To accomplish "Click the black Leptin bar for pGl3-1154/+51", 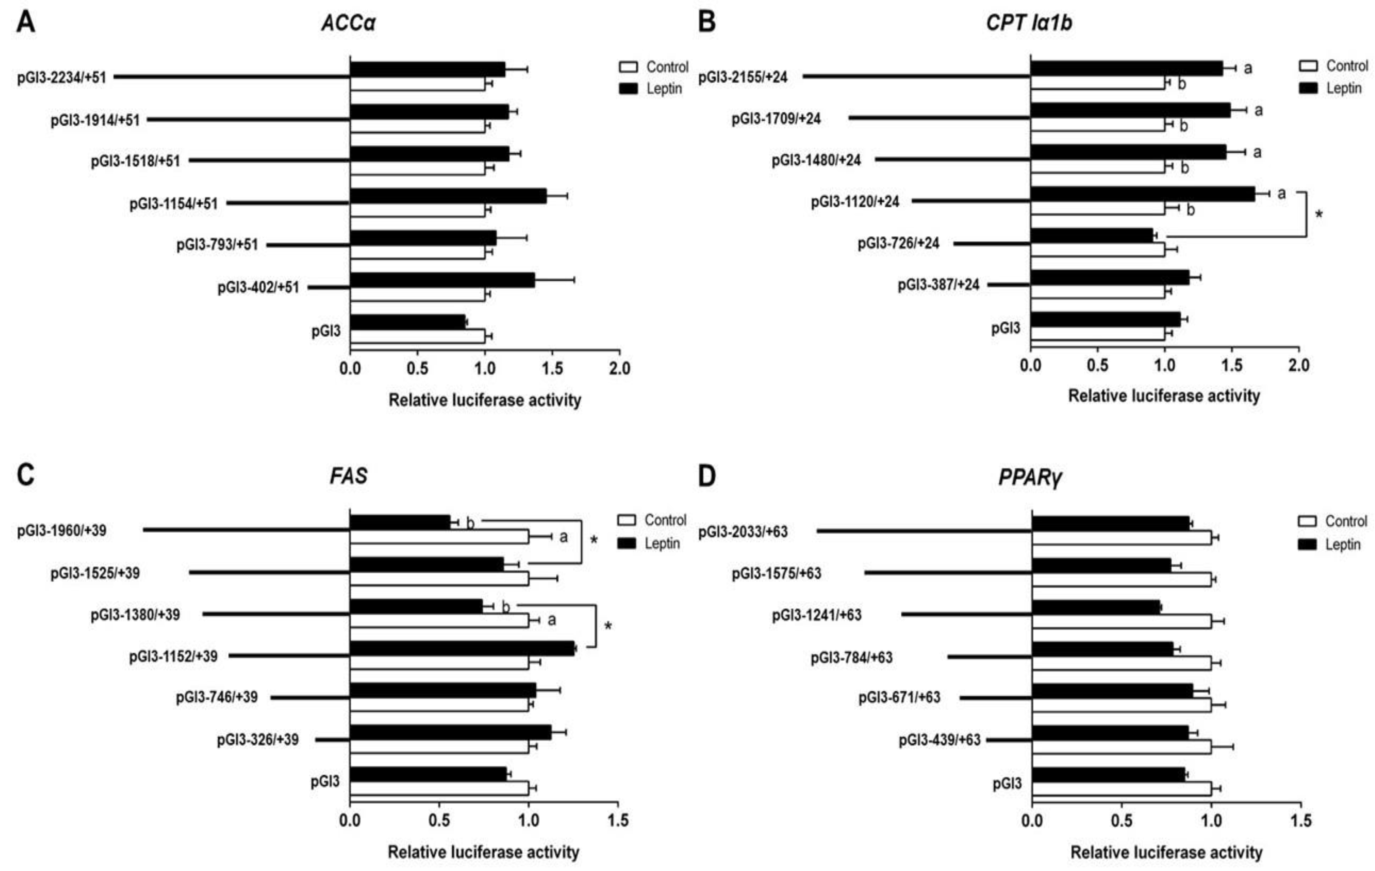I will coord(448,196).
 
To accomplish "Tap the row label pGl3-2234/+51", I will coord(62,77).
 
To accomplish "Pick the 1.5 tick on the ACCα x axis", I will coord(552,368).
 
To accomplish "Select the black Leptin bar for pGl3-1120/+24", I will coord(1142,194).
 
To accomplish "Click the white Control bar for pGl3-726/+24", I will coord(1098,250).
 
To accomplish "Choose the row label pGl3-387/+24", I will coord(938,285).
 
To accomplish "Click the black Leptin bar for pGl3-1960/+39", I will coord(400,522).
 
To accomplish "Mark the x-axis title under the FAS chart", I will coord(484,852).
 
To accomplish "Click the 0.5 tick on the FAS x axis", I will coord(439,821).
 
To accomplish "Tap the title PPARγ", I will coord(1030,477).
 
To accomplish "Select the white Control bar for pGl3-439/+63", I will coord(1121,747).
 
